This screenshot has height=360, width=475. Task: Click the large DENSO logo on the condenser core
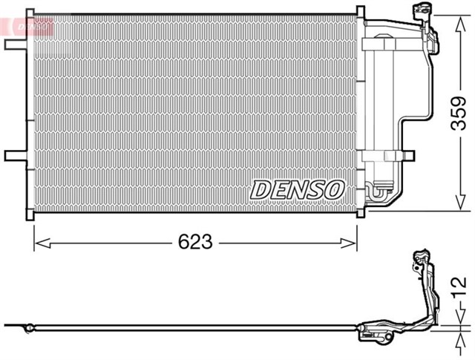(x=297, y=189)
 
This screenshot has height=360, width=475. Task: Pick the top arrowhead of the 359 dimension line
(x=454, y=15)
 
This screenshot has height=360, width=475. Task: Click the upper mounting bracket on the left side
(x=13, y=44)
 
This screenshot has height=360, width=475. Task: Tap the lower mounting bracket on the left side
(x=13, y=156)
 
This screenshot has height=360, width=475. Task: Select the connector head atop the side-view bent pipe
(x=419, y=260)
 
